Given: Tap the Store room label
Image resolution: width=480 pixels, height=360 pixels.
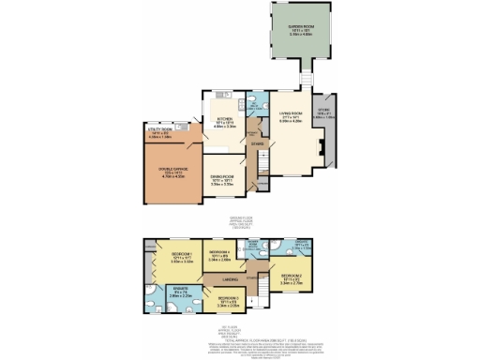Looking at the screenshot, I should [x=325, y=115].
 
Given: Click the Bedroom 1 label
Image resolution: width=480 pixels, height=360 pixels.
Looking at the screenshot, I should [x=168, y=260].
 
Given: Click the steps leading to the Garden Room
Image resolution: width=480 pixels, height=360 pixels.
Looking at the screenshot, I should [x=306, y=76].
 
